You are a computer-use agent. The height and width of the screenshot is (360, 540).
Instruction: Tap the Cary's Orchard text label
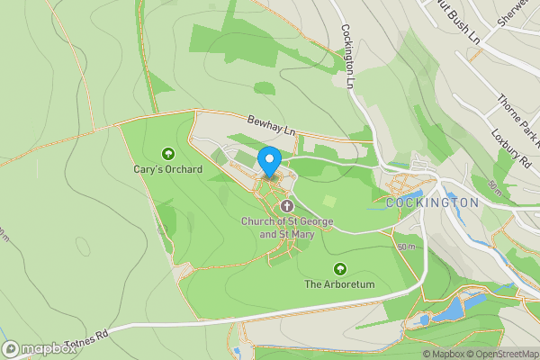pos(167,169)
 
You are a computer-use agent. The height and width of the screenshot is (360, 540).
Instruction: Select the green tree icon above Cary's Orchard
pos(167,154)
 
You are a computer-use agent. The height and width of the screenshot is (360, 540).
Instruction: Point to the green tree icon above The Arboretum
pos(339,269)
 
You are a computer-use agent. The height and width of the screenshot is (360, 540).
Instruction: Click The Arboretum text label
pos(338,284)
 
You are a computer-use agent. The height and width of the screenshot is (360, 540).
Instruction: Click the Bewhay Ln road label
pos(271,125)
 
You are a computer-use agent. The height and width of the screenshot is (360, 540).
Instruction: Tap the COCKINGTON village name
pos(431,203)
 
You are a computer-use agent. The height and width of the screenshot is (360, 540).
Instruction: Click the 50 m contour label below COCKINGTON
pos(408,247)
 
